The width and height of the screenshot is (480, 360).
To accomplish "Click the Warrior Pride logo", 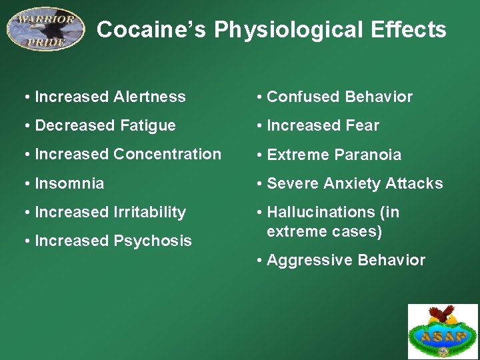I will click(46, 29).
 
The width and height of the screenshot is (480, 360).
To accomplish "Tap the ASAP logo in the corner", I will click(443, 332).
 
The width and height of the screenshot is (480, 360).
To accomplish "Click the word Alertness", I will click(149, 97).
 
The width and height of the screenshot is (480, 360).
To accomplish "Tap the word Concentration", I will click(167, 154).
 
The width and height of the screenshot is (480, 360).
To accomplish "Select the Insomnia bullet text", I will click(69, 183).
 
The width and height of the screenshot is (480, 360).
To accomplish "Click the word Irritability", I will click(149, 212).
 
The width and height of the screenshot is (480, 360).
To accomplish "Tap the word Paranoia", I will click(369, 155).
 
